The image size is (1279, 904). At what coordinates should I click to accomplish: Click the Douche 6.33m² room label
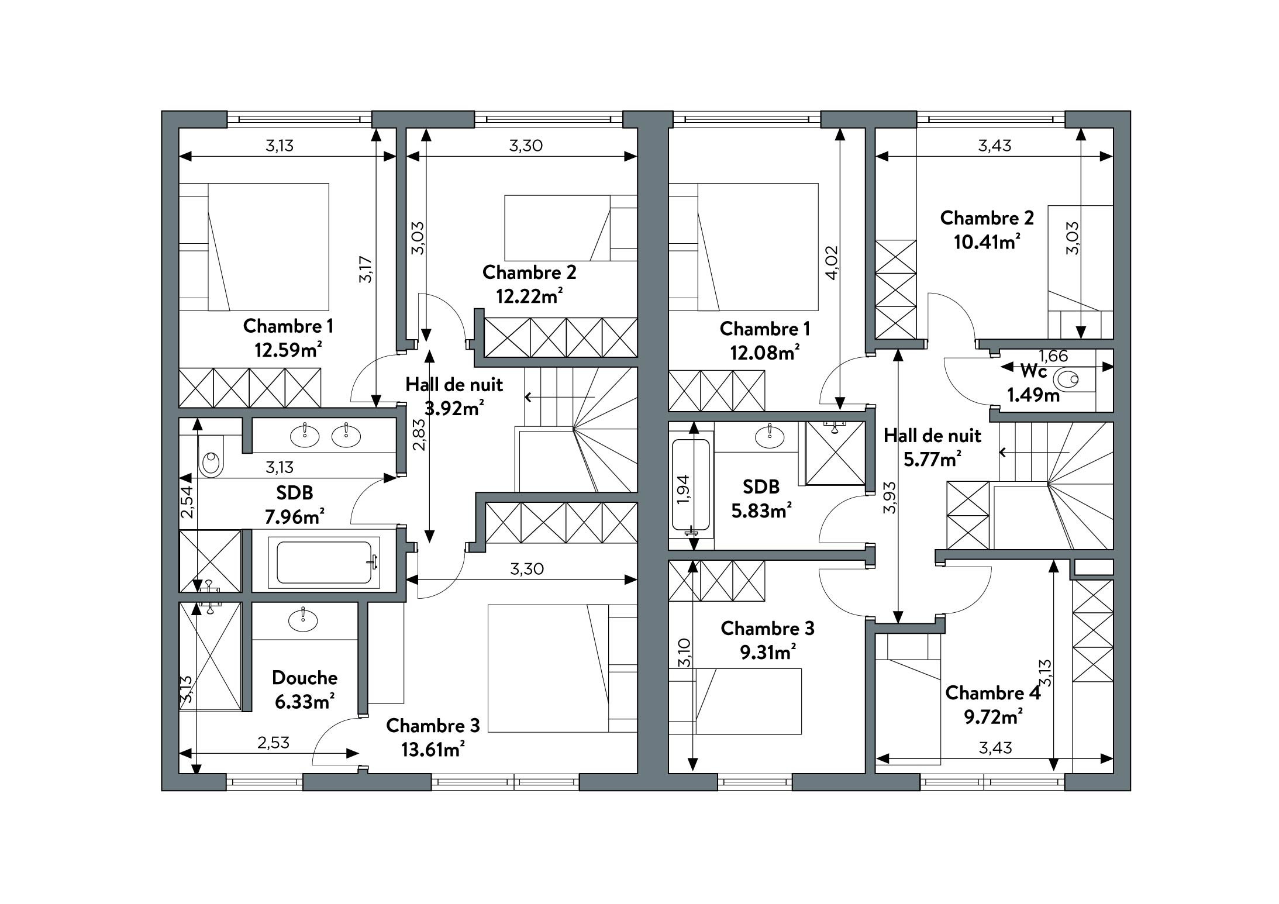coord(305,689)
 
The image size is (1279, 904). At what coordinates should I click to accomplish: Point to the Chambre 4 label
coord(993,693)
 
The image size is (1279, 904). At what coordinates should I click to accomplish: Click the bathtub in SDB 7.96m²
coord(324,562)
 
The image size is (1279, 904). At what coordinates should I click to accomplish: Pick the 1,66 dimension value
coord(1053,356)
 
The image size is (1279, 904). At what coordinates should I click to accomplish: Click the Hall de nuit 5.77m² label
coord(932,447)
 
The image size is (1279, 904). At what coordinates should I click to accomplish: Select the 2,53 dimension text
coord(273,743)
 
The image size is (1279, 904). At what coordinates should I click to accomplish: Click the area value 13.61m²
coord(433,750)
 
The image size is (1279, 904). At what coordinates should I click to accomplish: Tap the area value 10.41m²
coord(987,241)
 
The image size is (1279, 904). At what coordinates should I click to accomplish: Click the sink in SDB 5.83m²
coord(770,435)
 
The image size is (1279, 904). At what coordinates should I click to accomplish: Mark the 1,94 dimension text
coord(683,489)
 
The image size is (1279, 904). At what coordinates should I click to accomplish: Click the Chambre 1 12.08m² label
coord(765,341)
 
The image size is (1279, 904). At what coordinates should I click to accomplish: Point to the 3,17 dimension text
coord(366,268)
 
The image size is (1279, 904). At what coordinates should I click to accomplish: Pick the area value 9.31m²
coord(767,651)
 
